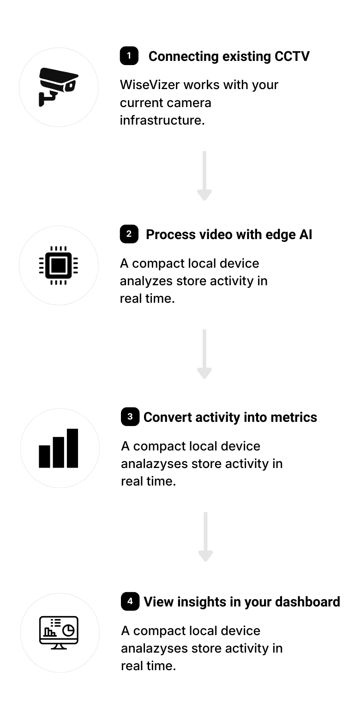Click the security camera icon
[58, 87]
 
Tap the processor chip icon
[59, 265]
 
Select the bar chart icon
[59, 448]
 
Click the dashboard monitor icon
[59, 633]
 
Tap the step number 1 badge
[129, 56]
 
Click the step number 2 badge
[129, 234]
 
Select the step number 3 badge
[130, 417]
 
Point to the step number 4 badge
[130, 601]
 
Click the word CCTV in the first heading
[292, 56]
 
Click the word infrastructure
[162, 120]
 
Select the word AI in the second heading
[306, 234]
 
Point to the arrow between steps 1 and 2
[204, 176]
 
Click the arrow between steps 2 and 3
[204, 354]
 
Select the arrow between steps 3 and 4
[206, 537]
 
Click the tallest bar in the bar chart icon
[72, 448]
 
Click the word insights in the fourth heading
[202, 602]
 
